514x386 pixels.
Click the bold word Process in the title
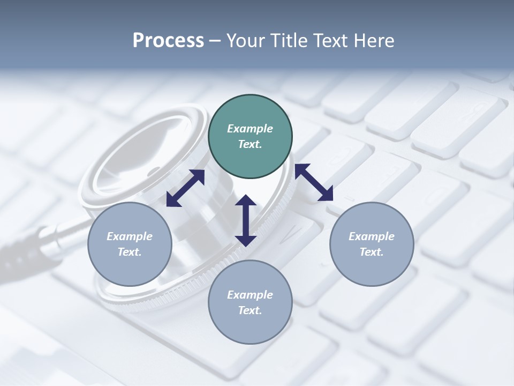168,41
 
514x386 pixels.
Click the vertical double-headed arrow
246,220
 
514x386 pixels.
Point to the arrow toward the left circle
185,188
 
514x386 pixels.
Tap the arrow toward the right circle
314,182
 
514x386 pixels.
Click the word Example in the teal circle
250,129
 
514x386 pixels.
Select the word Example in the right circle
372,236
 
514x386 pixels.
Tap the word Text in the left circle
129,252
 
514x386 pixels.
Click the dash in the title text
215,41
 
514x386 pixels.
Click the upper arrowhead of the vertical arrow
246,201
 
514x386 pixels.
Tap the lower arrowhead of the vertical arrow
246,240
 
